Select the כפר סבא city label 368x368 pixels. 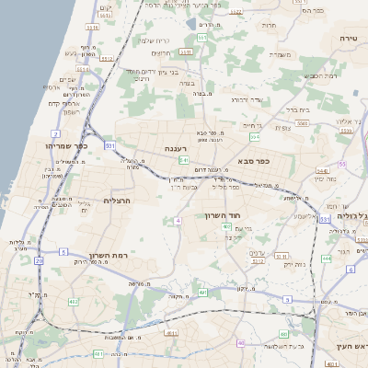[x=253, y=160]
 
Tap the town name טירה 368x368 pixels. [x=347, y=39]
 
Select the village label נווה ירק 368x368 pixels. [x=267, y=264]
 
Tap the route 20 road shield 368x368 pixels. [x=39, y=261]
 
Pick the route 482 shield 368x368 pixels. [x=73, y=301]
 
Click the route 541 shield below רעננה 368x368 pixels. [x=185, y=159]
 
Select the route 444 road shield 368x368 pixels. [x=327, y=259]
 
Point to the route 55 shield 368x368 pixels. [x=342, y=164]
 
